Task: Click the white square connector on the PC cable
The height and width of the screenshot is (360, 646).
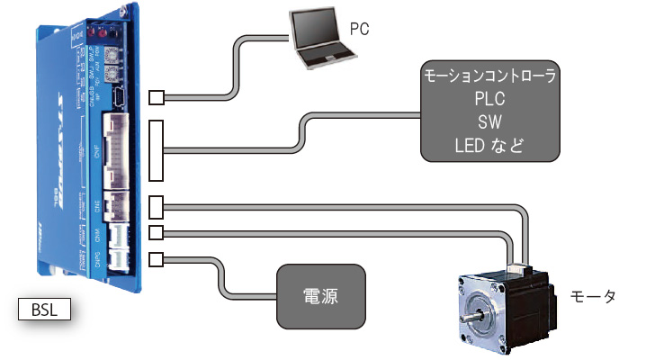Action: pos(157,97)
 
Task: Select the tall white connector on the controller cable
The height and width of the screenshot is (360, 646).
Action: pos(157,150)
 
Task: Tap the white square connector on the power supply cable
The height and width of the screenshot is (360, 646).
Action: pos(157,260)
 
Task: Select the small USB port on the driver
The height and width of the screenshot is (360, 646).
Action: pos(123,96)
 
